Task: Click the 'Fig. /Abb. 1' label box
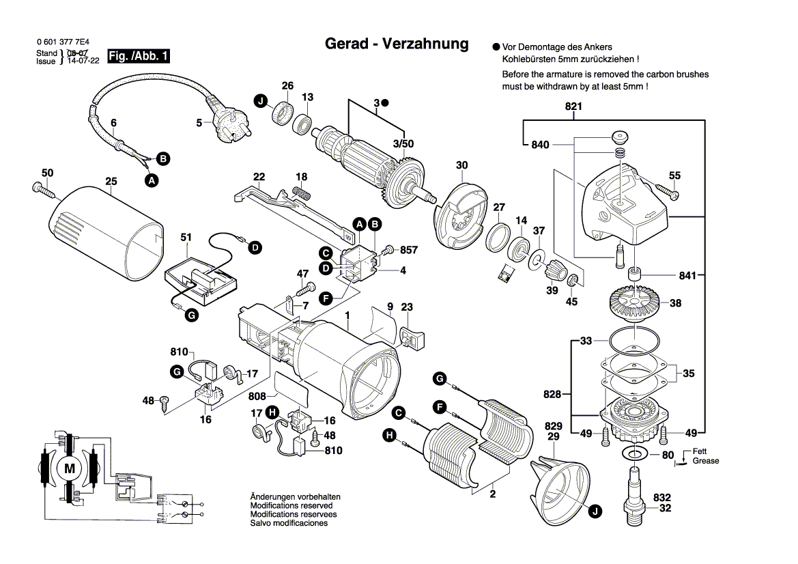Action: pyautogui.click(x=139, y=56)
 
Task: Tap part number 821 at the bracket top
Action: pyautogui.click(x=573, y=107)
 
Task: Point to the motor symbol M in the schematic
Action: pyautogui.click(x=69, y=468)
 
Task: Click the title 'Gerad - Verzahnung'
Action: pyautogui.click(x=397, y=44)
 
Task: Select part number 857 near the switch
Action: pyautogui.click(x=408, y=250)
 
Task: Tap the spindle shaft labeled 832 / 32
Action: pyautogui.click(x=634, y=496)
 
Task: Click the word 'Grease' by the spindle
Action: pyautogui.click(x=706, y=461)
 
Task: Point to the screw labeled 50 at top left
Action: pyautogui.click(x=43, y=189)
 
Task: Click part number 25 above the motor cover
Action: pyautogui.click(x=111, y=181)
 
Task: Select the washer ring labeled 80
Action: pyautogui.click(x=634, y=454)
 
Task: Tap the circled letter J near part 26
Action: pyautogui.click(x=260, y=101)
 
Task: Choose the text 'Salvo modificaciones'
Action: pyautogui.click(x=289, y=523)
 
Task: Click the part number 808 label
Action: pyautogui.click(x=257, y=396)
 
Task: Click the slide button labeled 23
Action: pyautogui.click(x=411, y=337)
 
